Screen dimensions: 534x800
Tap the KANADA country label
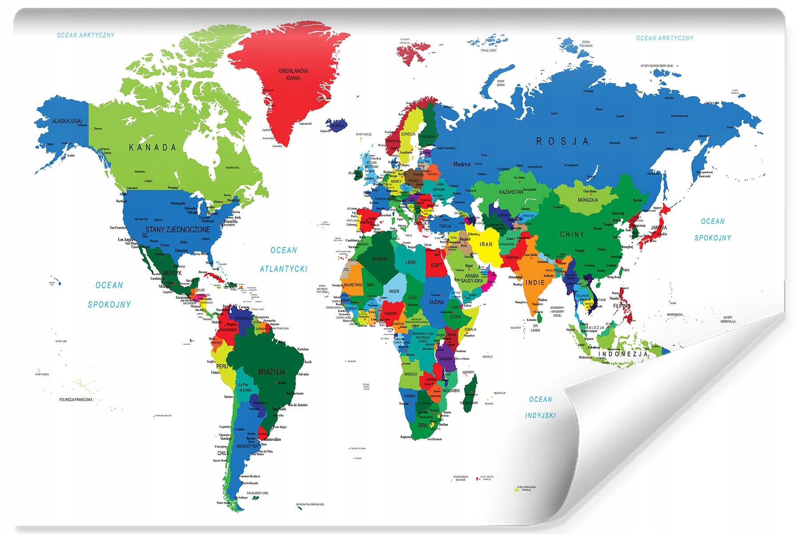point(152,148)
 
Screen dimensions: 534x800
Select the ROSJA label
point(562,142)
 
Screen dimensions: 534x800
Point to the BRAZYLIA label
point(272,372)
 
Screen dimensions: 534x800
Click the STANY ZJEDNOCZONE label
point(178,230)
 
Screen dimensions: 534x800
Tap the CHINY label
point(572,234)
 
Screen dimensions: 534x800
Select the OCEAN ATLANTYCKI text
point(284,260)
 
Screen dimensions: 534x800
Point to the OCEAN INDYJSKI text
point(540,407)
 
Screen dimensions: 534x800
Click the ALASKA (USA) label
point(67,121)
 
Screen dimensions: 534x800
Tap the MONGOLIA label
point(588,200)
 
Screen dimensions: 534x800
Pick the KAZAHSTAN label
point(511,192)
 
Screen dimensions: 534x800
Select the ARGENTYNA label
point(247,446)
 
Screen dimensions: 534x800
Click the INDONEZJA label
point(623,354)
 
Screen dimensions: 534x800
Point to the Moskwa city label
point(461,164)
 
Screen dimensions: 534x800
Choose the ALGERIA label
point(379,259)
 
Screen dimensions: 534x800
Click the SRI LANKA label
point(536,328)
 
